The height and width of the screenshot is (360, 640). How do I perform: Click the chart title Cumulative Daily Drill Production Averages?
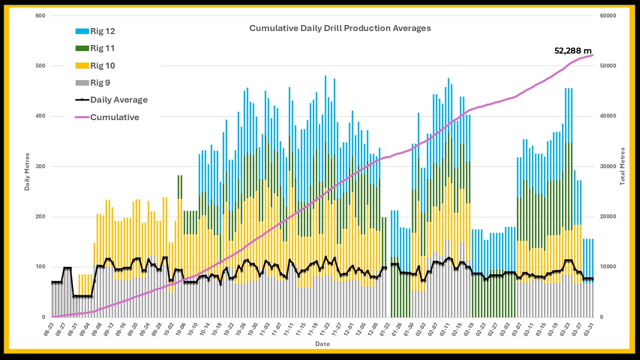(340, 28)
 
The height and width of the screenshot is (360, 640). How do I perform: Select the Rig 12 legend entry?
(103, 31)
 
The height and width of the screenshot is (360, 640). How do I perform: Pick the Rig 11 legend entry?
(103, 48)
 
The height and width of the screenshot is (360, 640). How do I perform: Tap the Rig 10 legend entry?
(103, 66)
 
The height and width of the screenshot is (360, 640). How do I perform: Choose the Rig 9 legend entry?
(101, 83)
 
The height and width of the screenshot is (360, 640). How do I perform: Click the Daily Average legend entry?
(119, 100)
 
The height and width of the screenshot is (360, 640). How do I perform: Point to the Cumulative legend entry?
(115, 117)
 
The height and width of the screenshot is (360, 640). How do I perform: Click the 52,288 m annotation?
(573, 51)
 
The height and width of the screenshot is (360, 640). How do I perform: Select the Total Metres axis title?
(622, 166)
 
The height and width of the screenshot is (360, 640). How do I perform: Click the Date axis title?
(322, 344)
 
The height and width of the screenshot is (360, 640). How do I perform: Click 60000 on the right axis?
(607, 16)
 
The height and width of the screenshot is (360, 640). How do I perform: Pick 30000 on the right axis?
(607, 167)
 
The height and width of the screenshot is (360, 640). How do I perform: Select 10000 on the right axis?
(607, 267)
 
